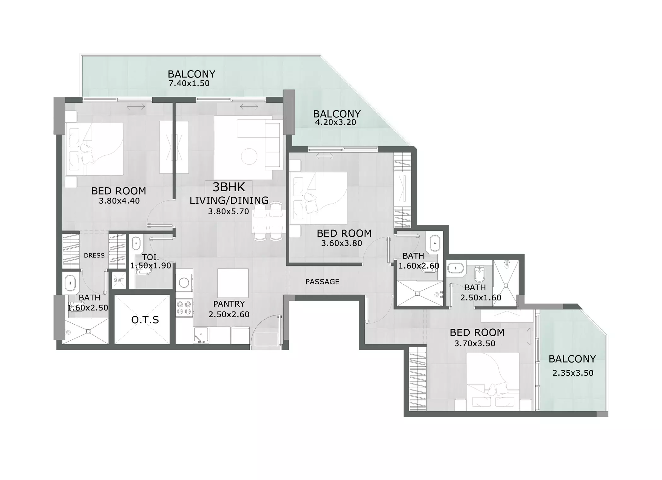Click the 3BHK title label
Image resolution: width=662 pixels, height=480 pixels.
(229, 187)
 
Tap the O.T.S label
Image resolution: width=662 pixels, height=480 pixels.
(145, 320)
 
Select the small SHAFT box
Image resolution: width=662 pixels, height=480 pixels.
(119, 280)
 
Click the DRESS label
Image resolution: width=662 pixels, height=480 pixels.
(94, 255)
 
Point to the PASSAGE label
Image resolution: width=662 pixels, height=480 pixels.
(322, 282)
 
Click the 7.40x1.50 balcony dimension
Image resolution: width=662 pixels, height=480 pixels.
(189, 84)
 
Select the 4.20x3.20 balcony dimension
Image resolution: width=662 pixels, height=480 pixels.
(336, 122)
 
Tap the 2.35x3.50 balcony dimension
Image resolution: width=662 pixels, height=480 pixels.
(573, 373)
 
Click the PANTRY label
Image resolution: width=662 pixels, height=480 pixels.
(229, 304)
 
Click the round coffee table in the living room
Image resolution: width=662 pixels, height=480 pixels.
(249, 156)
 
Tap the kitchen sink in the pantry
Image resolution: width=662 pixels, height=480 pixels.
(201, 335)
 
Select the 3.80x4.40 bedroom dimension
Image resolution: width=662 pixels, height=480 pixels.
(119, 201)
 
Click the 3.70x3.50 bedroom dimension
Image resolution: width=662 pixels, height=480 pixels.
(475, 344)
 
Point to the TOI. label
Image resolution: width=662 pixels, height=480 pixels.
(150, 257)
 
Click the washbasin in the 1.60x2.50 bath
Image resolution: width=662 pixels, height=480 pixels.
(70, 283)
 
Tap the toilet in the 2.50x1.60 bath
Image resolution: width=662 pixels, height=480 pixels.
(479, 274)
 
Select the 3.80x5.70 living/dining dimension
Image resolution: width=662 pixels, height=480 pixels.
(229, 211)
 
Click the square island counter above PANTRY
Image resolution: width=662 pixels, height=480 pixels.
(233, 283)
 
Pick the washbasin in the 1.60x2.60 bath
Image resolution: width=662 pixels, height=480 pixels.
(435, 243)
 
